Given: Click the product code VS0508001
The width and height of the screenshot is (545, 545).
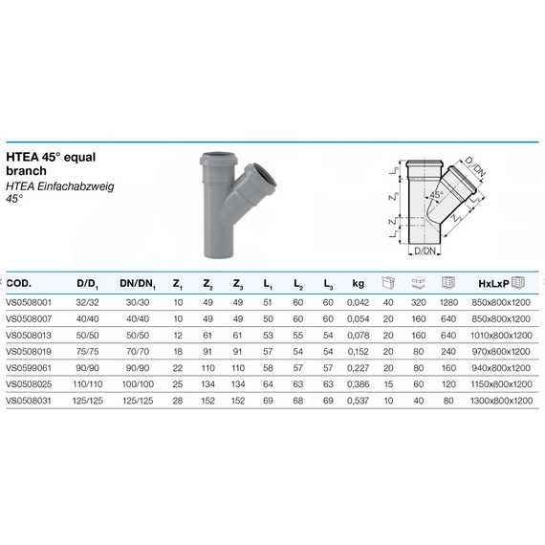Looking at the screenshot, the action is point(29,302).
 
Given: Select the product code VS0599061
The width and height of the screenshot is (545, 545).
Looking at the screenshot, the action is point(29,368).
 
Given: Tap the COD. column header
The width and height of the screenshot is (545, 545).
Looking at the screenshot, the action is point(19,283).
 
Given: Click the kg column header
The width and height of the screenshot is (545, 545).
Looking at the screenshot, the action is point(358,284).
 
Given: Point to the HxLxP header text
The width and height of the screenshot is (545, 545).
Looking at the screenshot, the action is point(493,284).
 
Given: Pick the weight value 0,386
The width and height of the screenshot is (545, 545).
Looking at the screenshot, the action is point(358,384).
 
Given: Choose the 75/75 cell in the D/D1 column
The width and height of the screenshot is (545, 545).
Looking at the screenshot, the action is point(88,352).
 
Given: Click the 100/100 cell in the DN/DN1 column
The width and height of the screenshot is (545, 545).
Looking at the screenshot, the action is point(138,384).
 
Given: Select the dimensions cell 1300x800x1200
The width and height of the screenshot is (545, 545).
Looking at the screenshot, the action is point(501,401).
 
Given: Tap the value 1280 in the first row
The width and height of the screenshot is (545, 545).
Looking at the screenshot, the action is point(448,302).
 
